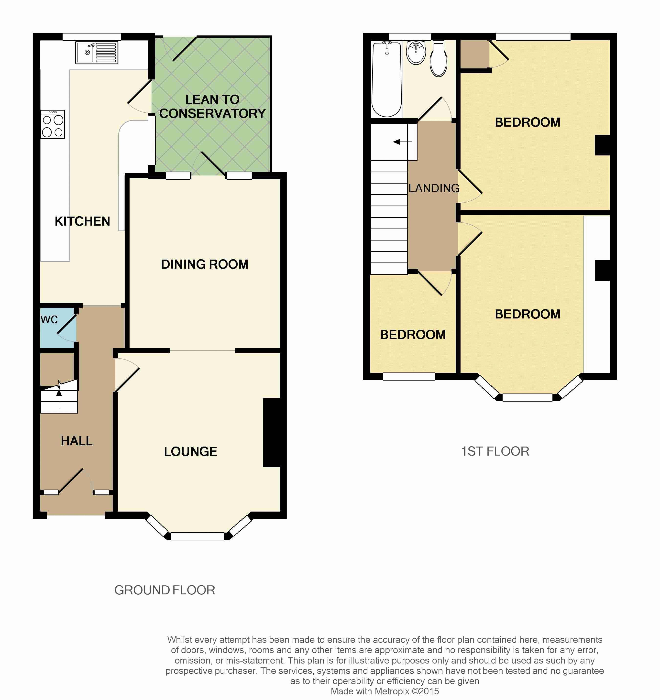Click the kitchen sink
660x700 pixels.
click(x=97, y=53)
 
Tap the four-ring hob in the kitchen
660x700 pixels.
click(x=53, y=124)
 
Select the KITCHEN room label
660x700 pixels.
click(x=82, y=221)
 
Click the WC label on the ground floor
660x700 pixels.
click(x=49, y=320)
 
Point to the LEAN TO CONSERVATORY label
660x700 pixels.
click(x=212, y=106)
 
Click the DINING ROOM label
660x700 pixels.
click(x=205, y=264)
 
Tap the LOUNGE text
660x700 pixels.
click(x=190, y=451)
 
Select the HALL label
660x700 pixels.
click(x=77, y=441)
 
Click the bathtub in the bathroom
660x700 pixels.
click(x=387, y=79)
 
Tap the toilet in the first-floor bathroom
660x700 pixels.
click(x=439, y=59)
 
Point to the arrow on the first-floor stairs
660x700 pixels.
click(x=402, y=142)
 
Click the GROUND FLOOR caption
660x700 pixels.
click(x=165, y=590)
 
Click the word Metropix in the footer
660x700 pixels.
click(x=392, y=691)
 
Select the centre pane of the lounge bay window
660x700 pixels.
click(x=197, y=536)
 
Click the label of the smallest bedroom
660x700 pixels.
click(x=413, y=335)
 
